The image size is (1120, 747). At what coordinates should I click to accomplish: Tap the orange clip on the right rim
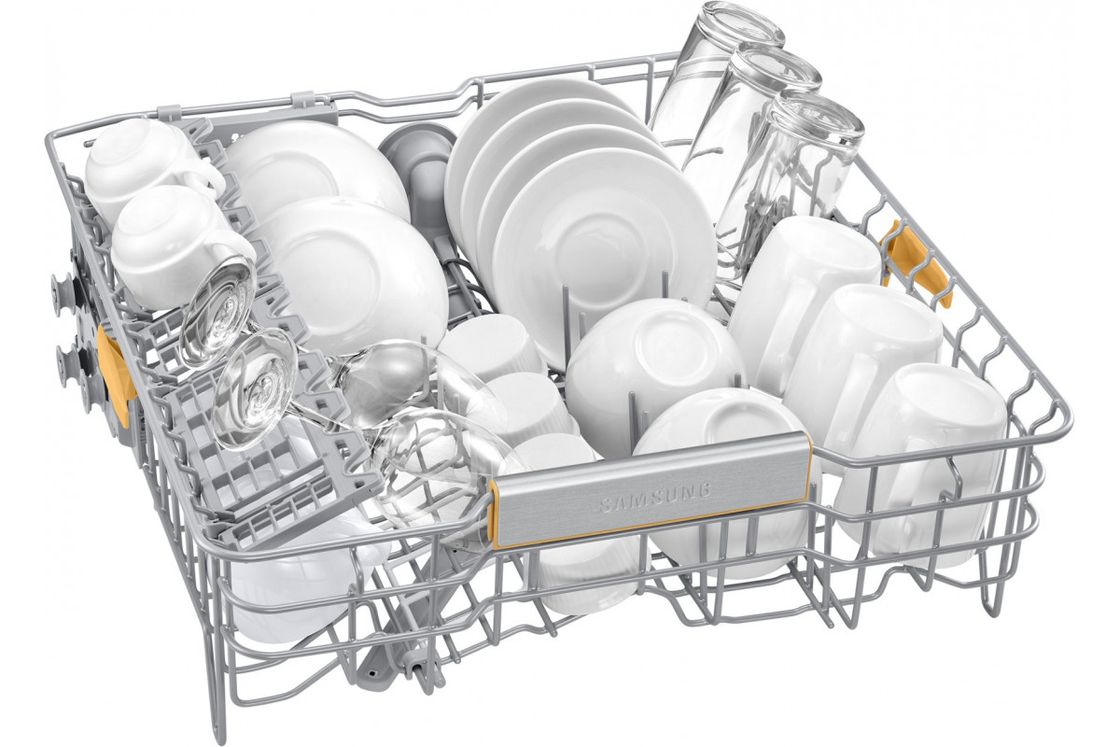918,263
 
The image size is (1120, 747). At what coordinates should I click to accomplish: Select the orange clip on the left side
116,375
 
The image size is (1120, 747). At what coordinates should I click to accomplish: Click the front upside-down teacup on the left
180,246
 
